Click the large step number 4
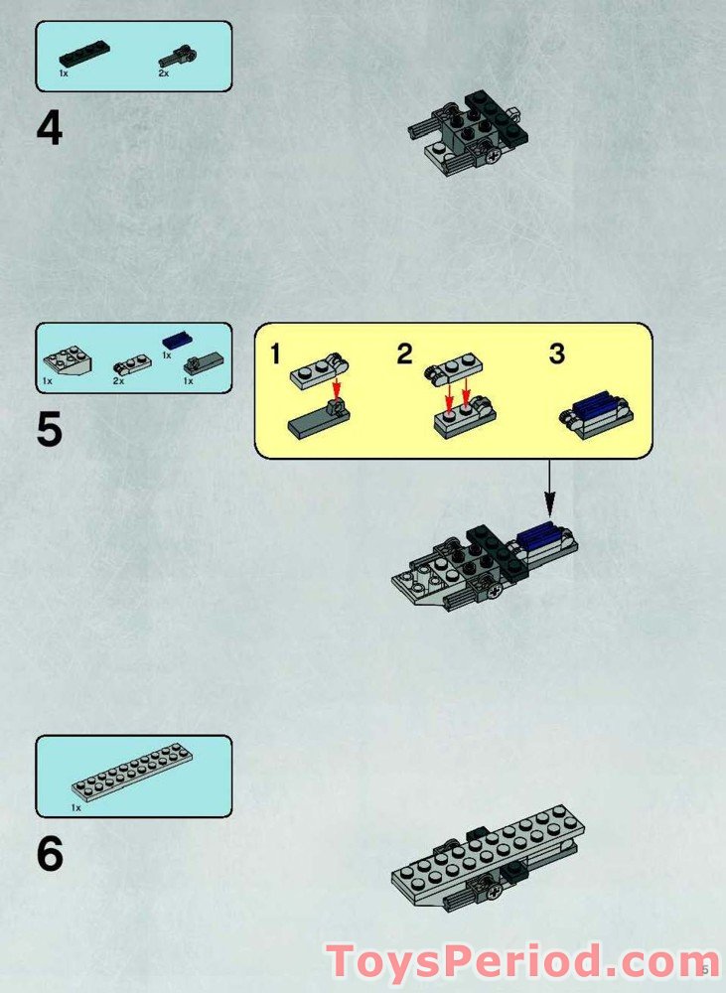50,128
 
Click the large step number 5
50,429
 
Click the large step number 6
50,853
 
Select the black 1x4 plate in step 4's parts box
84,55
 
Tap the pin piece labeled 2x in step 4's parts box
176,57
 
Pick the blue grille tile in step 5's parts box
178,340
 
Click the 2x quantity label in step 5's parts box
118,381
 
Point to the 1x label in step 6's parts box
76,808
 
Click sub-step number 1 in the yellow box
275,355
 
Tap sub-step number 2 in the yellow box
405,355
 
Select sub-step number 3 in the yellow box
557,355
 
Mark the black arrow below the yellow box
549,489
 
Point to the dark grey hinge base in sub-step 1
319,420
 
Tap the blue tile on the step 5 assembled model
538,537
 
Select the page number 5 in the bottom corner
706,969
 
